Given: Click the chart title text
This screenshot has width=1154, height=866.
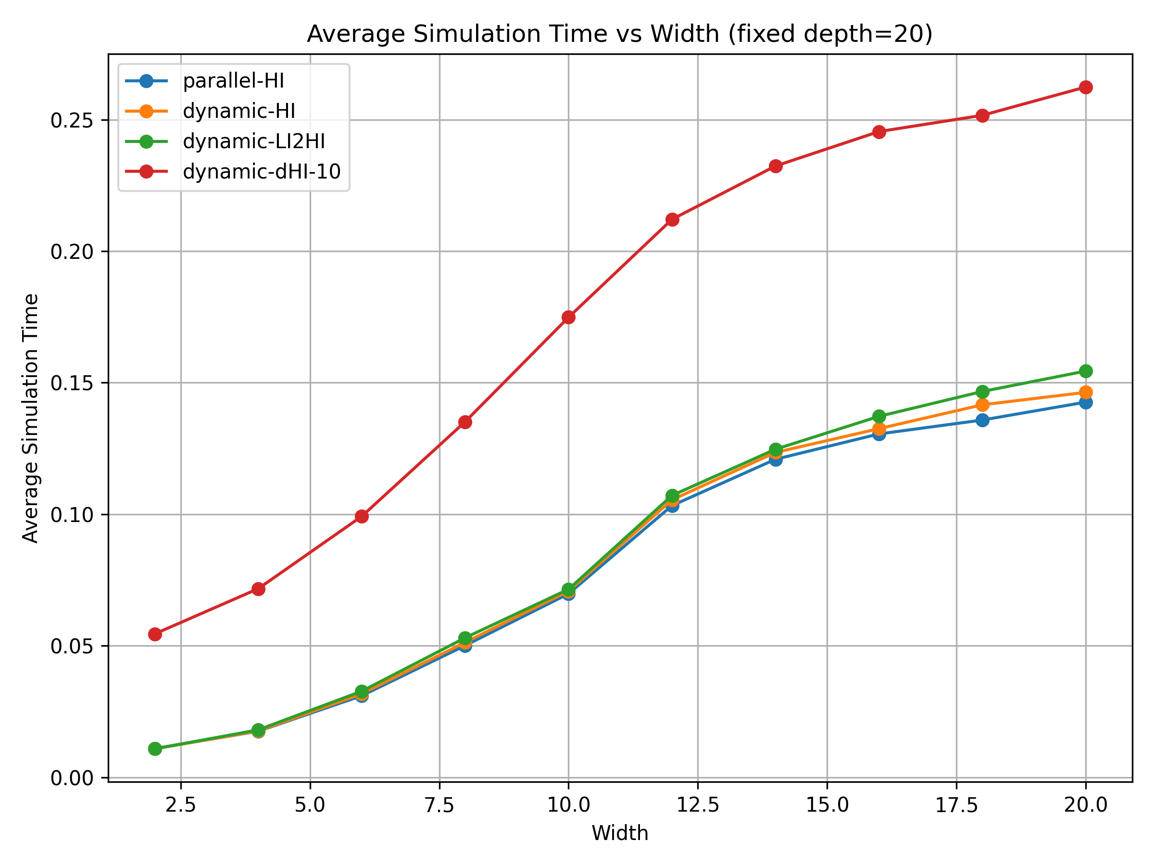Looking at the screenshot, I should tap(619, 35).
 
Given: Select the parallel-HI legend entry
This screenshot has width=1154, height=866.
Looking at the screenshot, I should tap(233, 81).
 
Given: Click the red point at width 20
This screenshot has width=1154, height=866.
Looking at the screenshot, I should tap(1086, 87).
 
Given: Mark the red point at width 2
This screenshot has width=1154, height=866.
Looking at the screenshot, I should tap(155, 634).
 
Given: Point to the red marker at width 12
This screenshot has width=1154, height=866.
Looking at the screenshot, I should tap(673, 220).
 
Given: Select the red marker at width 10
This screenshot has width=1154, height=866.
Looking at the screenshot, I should tap(569, 318).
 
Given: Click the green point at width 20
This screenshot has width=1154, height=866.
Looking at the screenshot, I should tap(1086, 371).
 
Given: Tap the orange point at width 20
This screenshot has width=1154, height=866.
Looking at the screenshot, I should tap(1086, 393).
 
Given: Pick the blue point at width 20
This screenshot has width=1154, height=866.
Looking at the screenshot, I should tap(1086, 403).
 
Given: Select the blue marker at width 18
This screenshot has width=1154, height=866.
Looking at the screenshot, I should tap(982, 420).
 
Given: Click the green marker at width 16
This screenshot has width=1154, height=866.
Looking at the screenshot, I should tap(879, 417).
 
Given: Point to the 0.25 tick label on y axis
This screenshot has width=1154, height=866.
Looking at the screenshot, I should tap(72, 121).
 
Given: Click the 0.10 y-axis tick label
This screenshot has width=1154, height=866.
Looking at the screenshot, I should tap(72, 515).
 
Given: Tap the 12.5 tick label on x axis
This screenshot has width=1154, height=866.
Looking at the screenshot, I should tap(698, 805).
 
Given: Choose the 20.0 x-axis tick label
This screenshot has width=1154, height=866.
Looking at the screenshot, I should tap(1086, 805).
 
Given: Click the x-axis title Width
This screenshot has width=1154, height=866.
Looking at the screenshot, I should tap(620, 833).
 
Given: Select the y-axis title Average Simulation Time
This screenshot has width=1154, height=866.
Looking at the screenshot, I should tap(31, 419).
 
